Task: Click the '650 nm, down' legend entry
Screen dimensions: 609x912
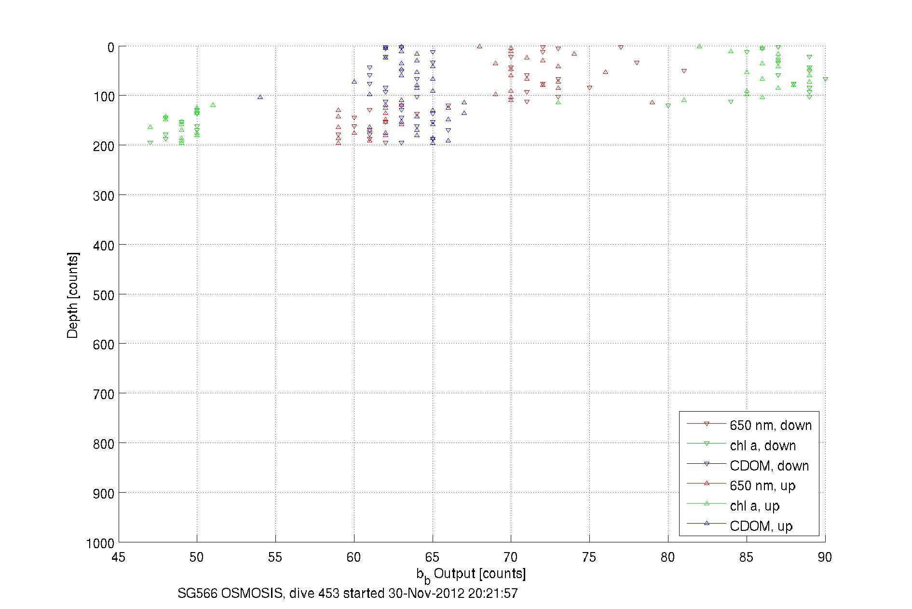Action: click(770, 425)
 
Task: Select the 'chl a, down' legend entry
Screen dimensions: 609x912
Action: click(762, 445)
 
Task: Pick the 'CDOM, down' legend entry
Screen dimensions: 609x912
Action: click(769, 466)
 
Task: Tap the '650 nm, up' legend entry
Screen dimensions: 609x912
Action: click(762, 486)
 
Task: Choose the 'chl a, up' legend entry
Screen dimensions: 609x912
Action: click(754, 506)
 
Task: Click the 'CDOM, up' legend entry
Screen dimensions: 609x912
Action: click(761, 526)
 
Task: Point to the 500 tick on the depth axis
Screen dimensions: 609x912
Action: click(104, 295)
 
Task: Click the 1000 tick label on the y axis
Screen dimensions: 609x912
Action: click(100, 543)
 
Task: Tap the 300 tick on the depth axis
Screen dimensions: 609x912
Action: click(104, 195)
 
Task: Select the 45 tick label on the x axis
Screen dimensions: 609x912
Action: click(118, 557)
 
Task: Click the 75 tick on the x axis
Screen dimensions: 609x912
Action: click(589, 557)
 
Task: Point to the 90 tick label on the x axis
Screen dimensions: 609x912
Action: click(825, 557)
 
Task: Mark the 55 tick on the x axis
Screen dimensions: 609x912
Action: click(275, 557)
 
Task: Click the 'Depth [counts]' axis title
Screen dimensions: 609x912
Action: click(72, 295)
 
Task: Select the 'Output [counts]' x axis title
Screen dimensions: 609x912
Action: click(479, 574)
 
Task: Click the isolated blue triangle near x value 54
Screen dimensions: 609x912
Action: click(260, 97)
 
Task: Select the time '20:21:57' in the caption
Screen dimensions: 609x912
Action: click(492, 594)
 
